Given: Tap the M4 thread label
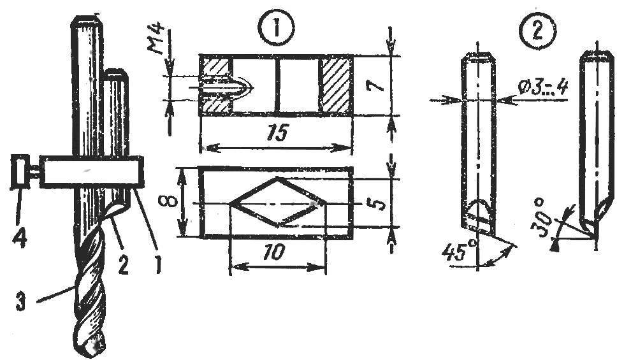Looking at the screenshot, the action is tap(159, 41).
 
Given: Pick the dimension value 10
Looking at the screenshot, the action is tap(274, 252).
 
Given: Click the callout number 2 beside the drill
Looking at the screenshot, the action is tap(123, 264).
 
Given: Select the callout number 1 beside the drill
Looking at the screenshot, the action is tap(158, 264).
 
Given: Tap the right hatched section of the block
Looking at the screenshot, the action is tap(337, 85).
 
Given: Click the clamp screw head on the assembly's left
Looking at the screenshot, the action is tap(18, 171).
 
